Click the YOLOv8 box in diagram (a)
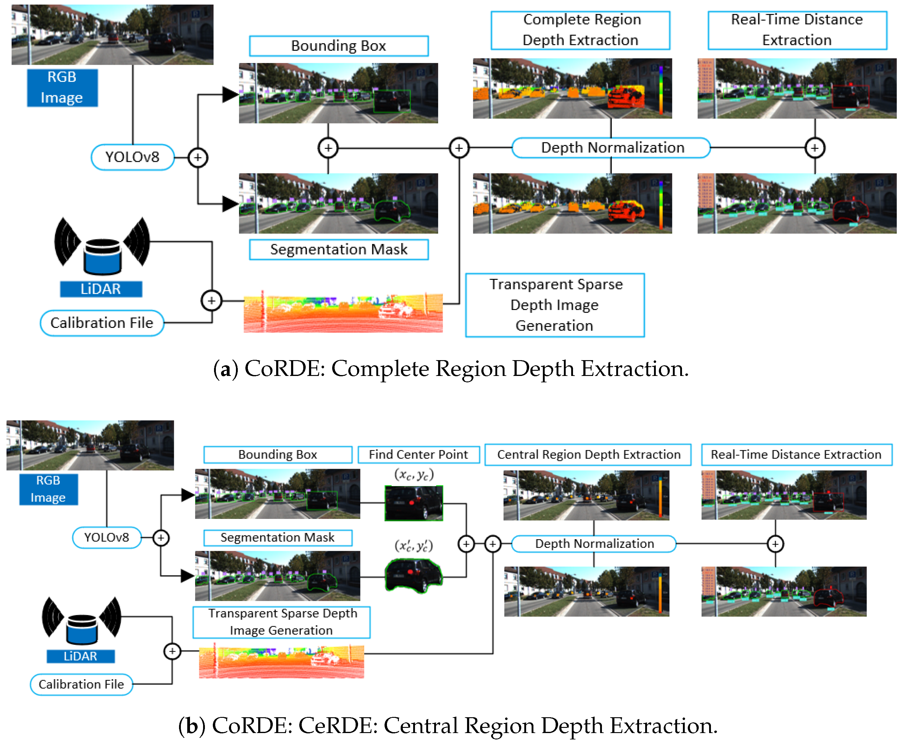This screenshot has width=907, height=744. click(132, 157)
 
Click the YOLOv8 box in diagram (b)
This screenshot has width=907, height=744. click(106, 537)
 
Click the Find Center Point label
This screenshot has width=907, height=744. click(418, 454)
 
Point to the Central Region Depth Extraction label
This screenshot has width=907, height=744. click(588, 454)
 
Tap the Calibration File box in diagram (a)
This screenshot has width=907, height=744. click(102, 323)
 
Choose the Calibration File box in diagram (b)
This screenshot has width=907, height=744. click(81, 684)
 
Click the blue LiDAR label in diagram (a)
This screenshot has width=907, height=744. click(101, 289)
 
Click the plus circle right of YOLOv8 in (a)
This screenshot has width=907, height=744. click(198, 157)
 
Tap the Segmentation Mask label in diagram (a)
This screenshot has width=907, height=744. click(339, 249)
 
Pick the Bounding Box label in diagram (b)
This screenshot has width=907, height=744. click(278, 454)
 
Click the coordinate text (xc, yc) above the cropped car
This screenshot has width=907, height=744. click(413, 475)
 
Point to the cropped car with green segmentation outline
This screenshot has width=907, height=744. click(413, 575)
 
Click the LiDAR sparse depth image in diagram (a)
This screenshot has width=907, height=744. click(343, 313)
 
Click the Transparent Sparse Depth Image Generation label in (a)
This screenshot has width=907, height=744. click(555, 305)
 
